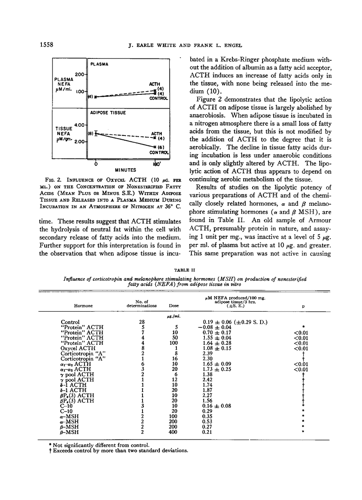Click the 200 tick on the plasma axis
point(80,74)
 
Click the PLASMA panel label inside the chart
point(100,63)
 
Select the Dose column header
point(173,305)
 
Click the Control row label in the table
point(70,322)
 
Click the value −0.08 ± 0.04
point(217,327)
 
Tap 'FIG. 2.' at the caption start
point(66,181)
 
